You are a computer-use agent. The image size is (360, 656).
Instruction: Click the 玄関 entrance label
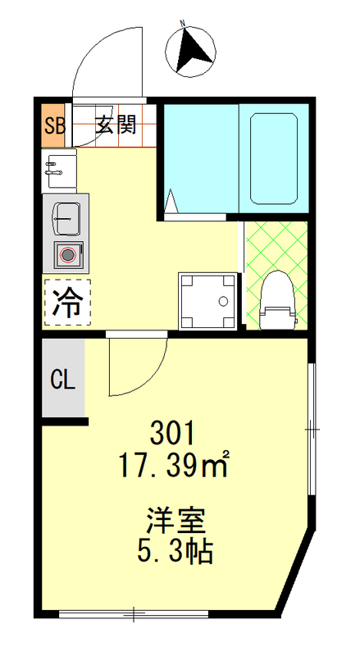116,125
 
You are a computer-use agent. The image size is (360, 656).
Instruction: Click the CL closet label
63,380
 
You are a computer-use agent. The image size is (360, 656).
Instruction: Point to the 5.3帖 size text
175,551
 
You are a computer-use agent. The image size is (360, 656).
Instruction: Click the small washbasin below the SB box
57,169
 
